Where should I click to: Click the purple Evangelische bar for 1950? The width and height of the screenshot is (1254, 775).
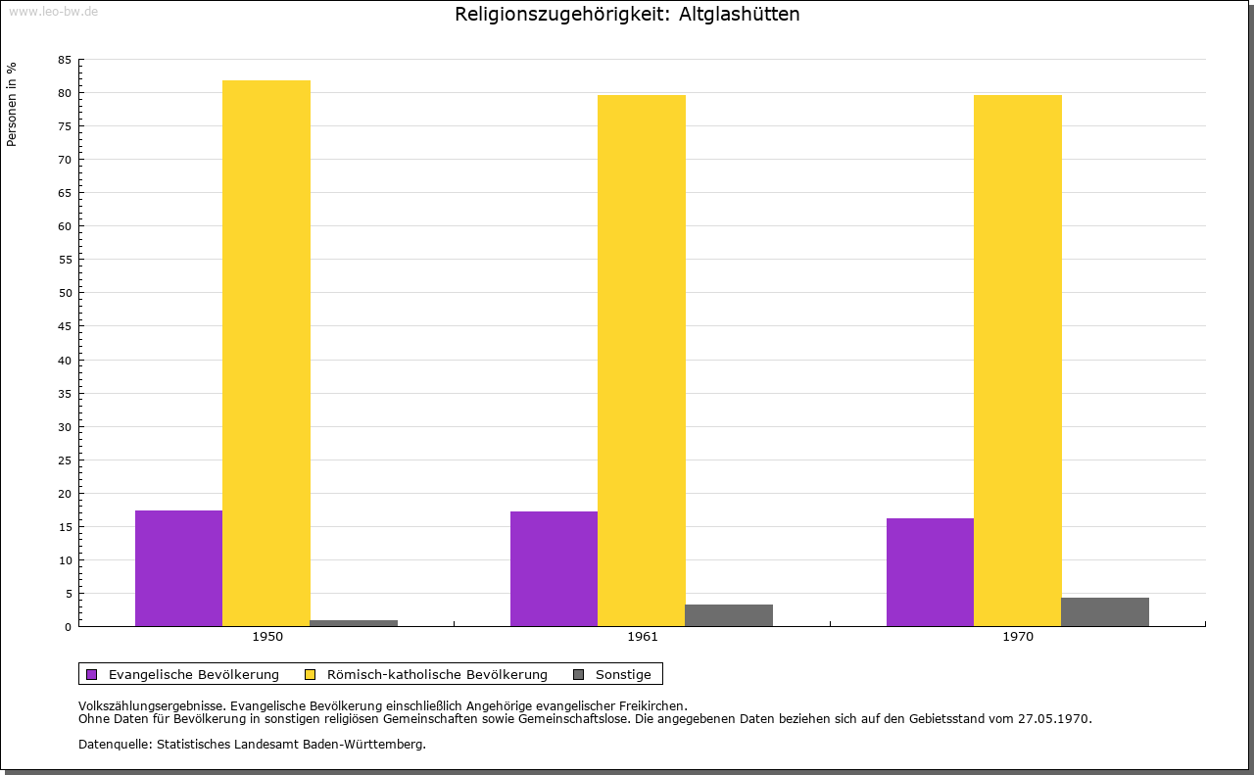[178, 568]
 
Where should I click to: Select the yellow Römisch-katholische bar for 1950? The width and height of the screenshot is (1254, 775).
[266, 353]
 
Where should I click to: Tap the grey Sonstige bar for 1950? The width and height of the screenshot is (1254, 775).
[354, 623]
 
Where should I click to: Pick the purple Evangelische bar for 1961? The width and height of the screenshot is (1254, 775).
[554, 568]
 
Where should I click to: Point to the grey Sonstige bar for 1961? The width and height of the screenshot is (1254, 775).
[729, 615]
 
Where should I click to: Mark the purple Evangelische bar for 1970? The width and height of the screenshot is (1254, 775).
[930, 572]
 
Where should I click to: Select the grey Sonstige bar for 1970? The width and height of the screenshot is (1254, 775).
[1105, 612]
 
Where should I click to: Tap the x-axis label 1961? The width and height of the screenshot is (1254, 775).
[643, 637]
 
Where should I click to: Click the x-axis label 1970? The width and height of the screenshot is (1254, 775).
[1018, 637]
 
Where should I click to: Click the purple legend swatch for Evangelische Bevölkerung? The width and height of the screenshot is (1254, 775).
[92, 675]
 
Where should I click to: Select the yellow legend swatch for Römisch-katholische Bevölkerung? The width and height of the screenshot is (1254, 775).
[311, 675]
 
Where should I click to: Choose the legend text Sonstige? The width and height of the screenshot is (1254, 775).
[623, 675]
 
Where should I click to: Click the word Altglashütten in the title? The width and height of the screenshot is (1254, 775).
[739, 15]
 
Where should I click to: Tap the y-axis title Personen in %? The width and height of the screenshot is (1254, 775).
[12, 104]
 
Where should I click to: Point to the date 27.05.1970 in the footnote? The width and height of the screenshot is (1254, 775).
[1054, 719]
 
